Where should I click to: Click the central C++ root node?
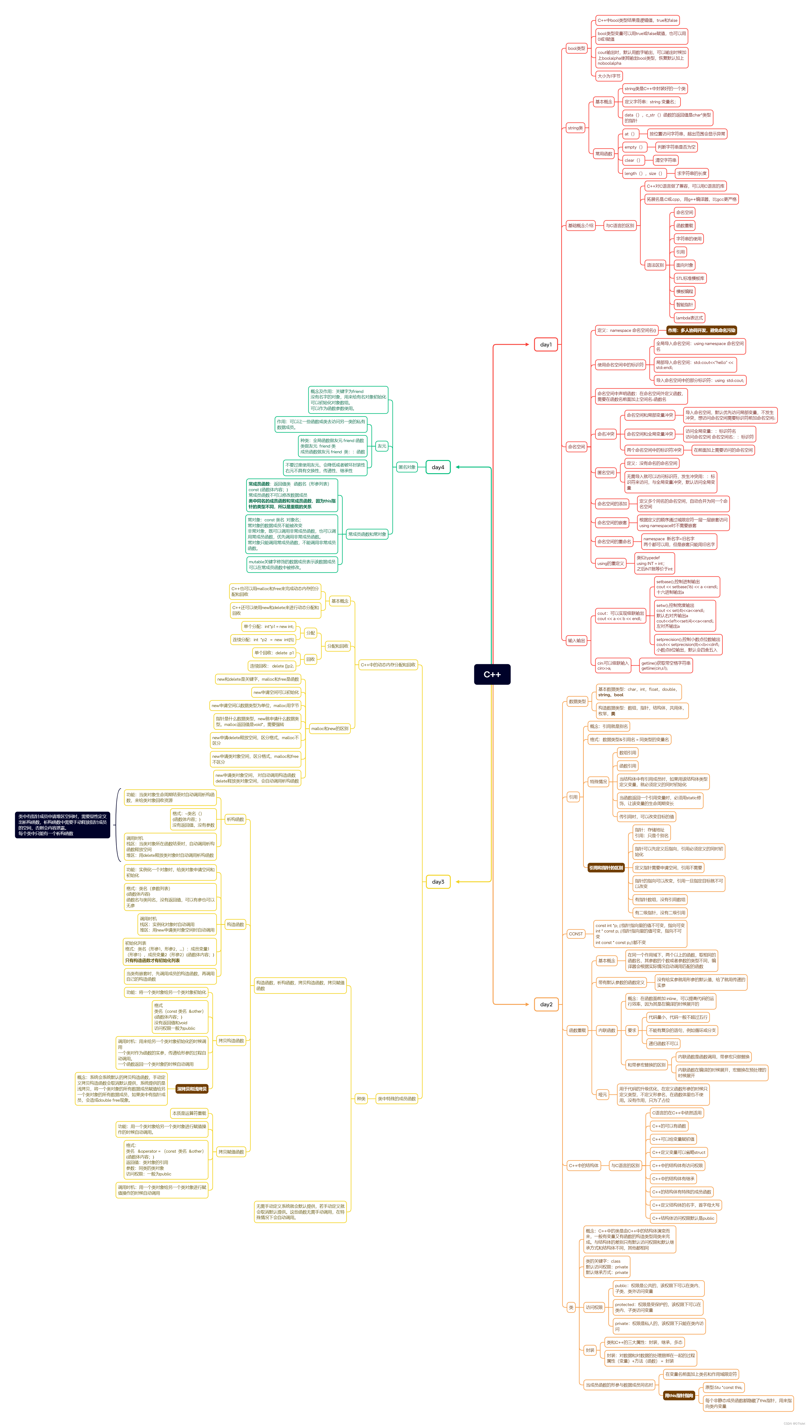point(492,674)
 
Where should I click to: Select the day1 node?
point(546,344)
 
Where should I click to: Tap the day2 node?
point(546,1004)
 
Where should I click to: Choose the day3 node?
point(438,881)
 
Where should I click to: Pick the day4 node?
point(438,467)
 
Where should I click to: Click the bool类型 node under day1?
point(576,48)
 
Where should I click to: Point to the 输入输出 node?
point(576,640)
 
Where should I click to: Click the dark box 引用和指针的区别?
point(606,868)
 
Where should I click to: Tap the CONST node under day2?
point(576,934)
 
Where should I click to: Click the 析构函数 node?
point(235,819)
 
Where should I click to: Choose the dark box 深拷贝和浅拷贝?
point(192,1089)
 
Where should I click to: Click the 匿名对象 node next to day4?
point(407,467)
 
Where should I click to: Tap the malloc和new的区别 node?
point(329,728)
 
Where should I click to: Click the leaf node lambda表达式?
point(689,318)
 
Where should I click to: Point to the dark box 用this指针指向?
point(678,1395)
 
